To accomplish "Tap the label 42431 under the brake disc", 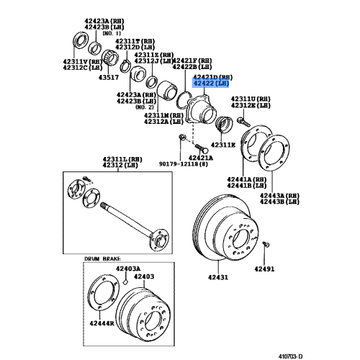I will pos(207,277).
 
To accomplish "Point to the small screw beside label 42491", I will pos(266,246).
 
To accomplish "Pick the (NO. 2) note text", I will pos(154,107).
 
